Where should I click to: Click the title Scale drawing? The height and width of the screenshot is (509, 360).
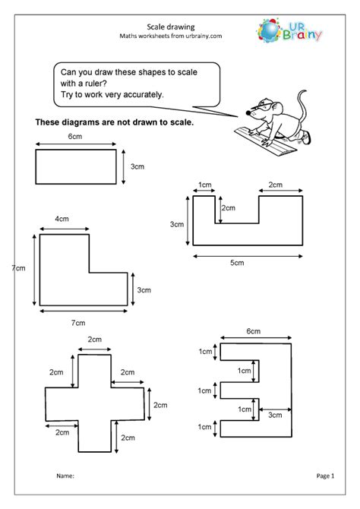pyautogui.click(x=180, y=24)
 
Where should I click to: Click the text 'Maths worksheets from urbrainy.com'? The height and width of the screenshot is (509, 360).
pyautogui.click(x=180, y=36)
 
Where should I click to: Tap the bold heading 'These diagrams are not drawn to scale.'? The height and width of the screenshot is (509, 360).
pyautogui.click(x=114, y=122)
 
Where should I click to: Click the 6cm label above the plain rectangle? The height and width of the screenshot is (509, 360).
pyautogui.click(x=75, y=138)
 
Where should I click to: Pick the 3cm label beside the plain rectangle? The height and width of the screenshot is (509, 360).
pyautogui.click(x=137, y=166)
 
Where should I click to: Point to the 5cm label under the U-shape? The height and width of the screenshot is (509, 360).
pyautogui.click(x=238, y=263)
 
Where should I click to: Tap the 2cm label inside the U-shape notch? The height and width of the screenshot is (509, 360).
pyautogui.click(x=228, y=208)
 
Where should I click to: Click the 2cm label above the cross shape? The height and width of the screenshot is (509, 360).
pyautogui.click(x=94, y=339)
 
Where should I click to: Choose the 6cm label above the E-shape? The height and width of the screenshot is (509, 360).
pyautogui.click(x=253, y=331)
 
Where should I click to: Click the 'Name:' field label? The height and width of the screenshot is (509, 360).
pyautogui.click(x=65, y=477)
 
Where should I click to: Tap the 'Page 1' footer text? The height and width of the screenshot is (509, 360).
pyautogui.click(x=325, y=477)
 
